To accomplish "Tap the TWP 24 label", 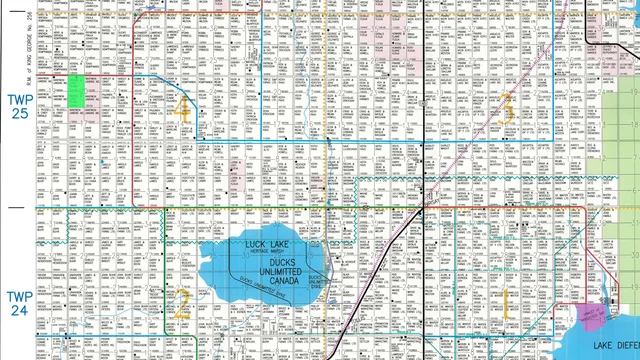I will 19,304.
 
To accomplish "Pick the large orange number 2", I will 181,301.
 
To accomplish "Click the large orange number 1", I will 506,301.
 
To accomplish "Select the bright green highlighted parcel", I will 75,91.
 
